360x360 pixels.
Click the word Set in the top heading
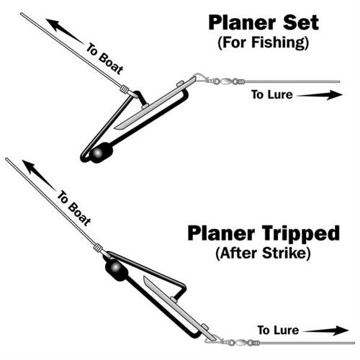click(x=301, y=22)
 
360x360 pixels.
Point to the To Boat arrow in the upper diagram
click(x=65, y=32)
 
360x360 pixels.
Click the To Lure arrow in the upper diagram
click(x=320, y=95)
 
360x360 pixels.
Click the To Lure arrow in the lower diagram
click(x=325, y=330)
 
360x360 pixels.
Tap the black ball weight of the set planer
click(x=100, y=153)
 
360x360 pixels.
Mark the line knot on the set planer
click(x=124, y=89)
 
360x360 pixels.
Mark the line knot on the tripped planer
click(x=99, y=247)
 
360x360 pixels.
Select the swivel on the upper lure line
click(x=225, y=81)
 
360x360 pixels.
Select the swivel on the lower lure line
click(x=240, y=343)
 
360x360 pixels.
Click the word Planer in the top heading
click(x=242, y=23)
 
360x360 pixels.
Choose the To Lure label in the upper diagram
click(x=272, y=94)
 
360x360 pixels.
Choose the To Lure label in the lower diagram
click(x=278, y=330)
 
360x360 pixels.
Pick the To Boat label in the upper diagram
click(x=104, y=59)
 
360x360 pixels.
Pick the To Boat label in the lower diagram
click(x=74, y=208)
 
